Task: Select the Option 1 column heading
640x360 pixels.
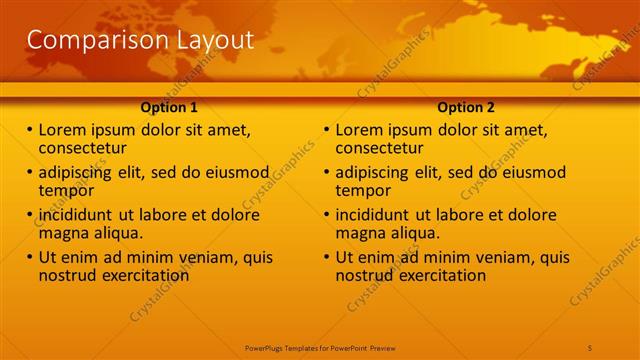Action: coord(169,108)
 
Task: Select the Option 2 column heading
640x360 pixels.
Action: coord(466,108)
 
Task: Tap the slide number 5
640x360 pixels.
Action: coord(591,347)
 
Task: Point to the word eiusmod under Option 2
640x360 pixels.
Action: coord(531,172)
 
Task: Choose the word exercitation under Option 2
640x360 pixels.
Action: coord(441,275)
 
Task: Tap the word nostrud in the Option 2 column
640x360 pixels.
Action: coord(363,275)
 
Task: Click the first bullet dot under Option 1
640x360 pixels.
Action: coord(29,130)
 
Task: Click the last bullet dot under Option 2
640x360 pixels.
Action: coord(327,257)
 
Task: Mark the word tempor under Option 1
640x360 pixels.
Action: coord(66,190)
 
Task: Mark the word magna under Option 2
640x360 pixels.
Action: coord(359,233)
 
